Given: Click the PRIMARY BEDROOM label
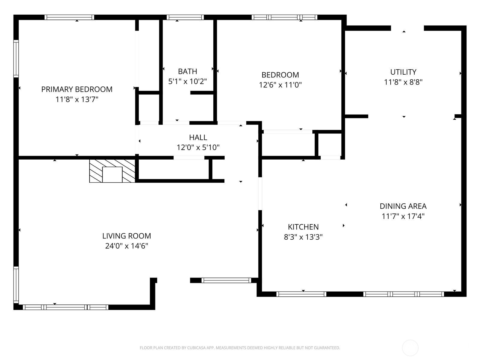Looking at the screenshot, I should pos(77,89).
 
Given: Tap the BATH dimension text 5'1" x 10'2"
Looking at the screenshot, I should pos(187,81).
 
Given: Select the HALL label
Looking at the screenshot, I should pos(198,137).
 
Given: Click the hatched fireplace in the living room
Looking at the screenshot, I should pos(112,171).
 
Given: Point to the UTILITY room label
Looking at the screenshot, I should pos(403,72).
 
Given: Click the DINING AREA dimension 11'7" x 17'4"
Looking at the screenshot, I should pos(403,216).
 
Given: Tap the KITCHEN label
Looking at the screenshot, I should pos(303,227).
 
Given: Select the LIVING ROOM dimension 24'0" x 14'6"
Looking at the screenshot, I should pos(127,246).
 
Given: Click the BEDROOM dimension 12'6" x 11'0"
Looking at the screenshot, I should pos(280,85).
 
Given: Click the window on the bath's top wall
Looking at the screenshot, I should pos(185,17).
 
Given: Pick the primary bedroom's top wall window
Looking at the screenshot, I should pos(69,17).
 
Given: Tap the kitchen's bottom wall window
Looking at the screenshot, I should pos(301,294).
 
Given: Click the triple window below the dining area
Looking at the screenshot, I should pos(403,294).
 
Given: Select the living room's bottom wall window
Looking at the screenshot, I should pos(65,307).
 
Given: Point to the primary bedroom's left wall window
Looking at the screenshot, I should pos(16,58).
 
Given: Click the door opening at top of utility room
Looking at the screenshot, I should pos(407,28).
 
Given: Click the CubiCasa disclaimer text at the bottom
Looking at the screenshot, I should pos(240,348).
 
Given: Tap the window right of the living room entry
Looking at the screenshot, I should pos(226,280).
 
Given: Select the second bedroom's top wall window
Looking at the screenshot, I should pos(284,17).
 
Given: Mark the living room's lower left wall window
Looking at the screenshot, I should pos(16,284).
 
